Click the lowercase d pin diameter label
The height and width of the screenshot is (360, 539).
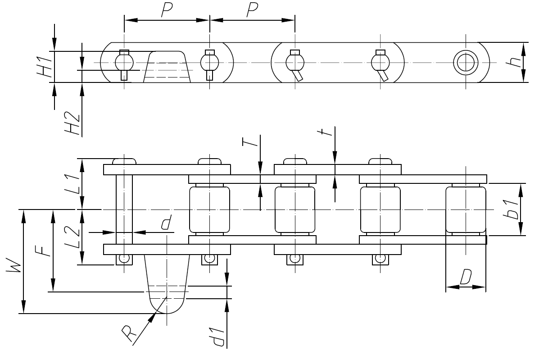(167, 223)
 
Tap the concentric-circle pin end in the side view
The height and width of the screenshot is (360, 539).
(465, 62)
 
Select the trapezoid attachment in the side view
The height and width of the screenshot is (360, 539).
(167, 68)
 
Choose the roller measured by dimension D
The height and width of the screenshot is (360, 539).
(466, 210)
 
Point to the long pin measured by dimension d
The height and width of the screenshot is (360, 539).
(124, 210)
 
